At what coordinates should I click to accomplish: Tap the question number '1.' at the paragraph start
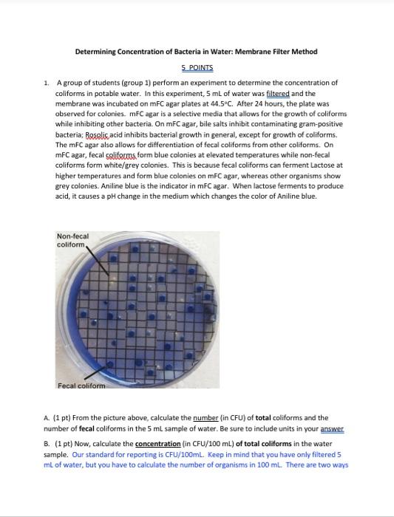[47, 83]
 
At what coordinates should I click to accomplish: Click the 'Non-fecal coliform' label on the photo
[72, 241]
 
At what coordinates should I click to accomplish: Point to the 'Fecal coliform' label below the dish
[81, 386]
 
